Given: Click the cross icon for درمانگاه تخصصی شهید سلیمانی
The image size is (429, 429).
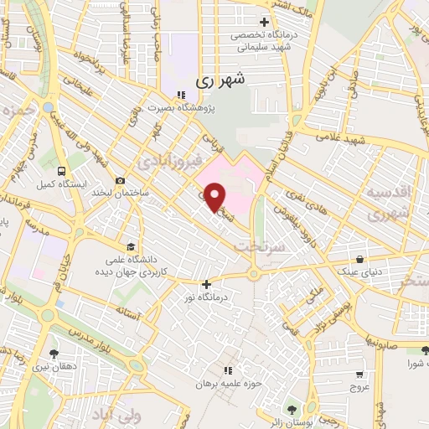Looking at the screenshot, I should [264, 22].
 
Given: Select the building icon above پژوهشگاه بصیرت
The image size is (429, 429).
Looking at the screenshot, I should [182, 94].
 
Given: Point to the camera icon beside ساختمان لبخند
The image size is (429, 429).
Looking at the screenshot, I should [121, 181].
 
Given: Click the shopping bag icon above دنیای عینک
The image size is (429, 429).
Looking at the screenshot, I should [359, 260].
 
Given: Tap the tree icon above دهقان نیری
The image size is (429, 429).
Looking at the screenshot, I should [54, 354].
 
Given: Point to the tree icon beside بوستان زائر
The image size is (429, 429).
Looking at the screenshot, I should [291, 410].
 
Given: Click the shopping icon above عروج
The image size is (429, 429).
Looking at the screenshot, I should [359, 375].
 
